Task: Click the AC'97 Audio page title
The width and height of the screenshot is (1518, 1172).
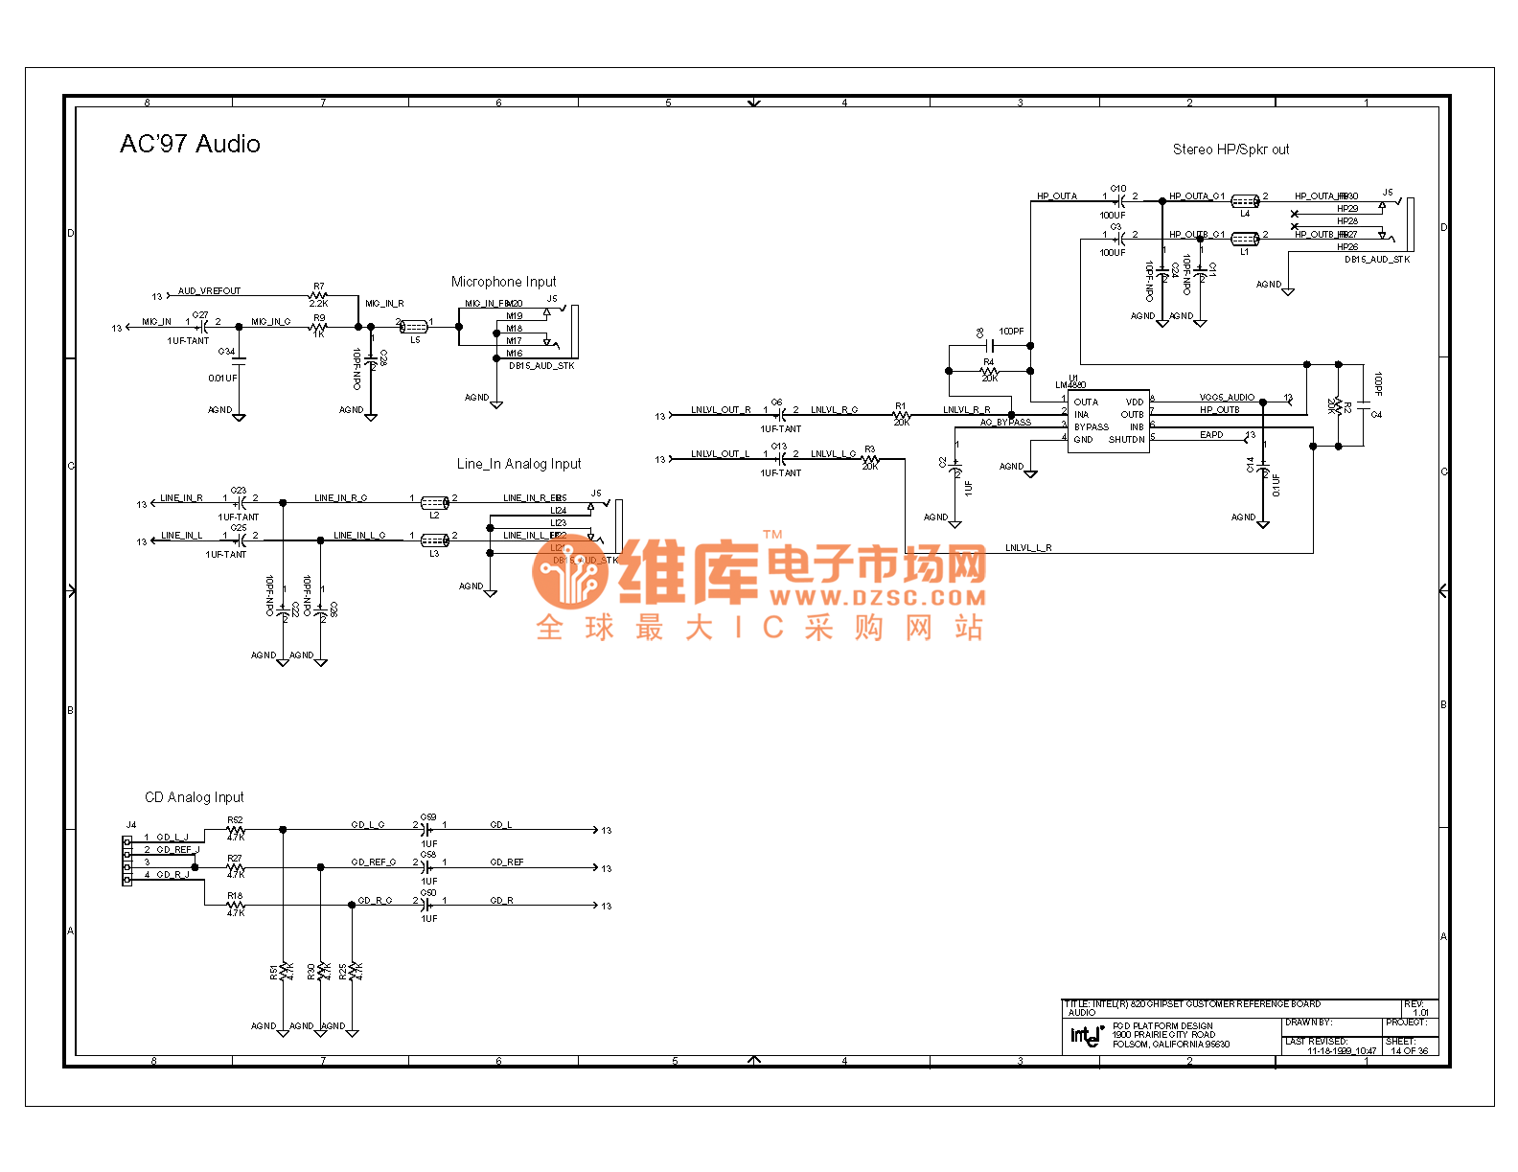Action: click(190, 144)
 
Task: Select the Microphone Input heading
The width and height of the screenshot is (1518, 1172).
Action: click(503, 282)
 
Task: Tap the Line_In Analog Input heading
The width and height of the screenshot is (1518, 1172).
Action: click(518, 464)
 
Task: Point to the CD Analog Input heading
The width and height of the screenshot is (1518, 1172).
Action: click(194, 797)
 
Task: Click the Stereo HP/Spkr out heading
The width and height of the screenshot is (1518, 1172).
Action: click(1230, 149)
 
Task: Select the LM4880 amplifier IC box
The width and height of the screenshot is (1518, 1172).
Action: click(1108, 421)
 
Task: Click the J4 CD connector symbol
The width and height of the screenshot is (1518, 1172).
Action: click(126, 860)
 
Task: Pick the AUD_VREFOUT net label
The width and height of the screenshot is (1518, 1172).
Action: click(209, 291)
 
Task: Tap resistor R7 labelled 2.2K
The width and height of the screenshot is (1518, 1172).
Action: click(319, 295)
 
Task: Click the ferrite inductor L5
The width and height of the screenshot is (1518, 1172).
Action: click(414, 327)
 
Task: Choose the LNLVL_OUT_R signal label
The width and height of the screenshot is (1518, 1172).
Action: click(721, 410)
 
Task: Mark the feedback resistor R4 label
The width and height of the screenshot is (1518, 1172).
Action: click(989, 363)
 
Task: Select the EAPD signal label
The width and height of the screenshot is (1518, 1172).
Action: click(1211, 435)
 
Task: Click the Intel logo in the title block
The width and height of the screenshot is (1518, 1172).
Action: click(1087, 1035)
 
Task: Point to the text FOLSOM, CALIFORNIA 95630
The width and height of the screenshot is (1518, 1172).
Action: click(1170, 1045)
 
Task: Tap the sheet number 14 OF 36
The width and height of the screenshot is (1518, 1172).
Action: click(1409, 1051)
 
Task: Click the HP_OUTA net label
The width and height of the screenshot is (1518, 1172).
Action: click(1056, 196)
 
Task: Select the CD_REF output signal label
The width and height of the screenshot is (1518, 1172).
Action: click(507, 862)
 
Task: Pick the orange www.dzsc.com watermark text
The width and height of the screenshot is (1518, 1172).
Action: click(877, 598)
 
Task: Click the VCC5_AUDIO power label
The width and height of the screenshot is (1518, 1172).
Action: click(1227, 397)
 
